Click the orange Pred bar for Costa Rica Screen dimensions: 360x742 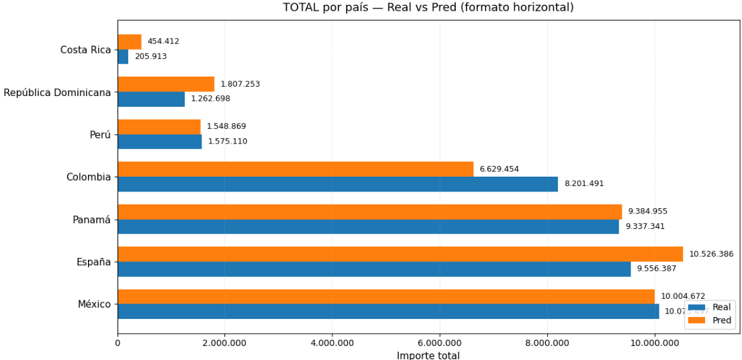coord(130,42)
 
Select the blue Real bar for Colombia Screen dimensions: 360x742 coord(337,184)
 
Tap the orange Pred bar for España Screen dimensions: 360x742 coord(400,254)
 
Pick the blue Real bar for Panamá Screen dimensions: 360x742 coord(368,227)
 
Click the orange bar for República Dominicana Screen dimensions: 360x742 coord(166,84)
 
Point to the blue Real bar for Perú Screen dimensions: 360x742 coord(159,142)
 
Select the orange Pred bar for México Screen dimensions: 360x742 coord(385,296)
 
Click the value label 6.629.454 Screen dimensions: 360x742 coord(499,169)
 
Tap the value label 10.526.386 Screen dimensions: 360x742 coord(711,254)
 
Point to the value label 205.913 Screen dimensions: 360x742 coord(150,56)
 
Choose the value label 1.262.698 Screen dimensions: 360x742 coord(210,99)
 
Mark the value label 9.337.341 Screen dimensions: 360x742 coord(645,226)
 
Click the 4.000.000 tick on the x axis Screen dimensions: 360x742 coord(332,343)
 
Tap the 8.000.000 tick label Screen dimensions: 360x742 coord(547,343)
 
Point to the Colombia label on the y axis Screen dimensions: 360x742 coord(88,177)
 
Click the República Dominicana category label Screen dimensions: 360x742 coord(57,93)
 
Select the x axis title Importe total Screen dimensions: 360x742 coord(428,355)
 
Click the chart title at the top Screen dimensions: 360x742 coord(428,7)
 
